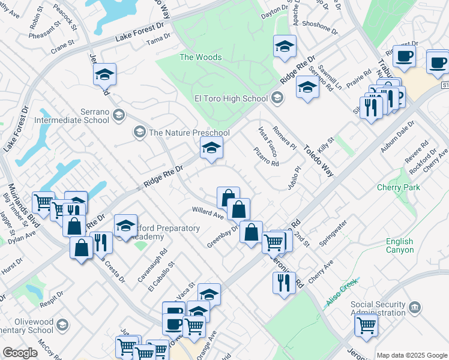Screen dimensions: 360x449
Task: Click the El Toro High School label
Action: tap(231, 98)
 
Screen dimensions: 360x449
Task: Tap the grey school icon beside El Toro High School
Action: tap(277, 97)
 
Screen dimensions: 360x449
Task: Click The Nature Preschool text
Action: tap(189, 133)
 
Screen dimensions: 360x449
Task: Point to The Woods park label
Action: tap(200, 58)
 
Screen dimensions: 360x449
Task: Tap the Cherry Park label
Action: tap(398, 188)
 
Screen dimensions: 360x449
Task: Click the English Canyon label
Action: tap(399, 245)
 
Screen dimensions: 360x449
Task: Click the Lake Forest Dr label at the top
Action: tap(139, 35)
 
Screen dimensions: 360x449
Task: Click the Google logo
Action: tap(20, 352)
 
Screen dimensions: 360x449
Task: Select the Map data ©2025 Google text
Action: tap(411, 355)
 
